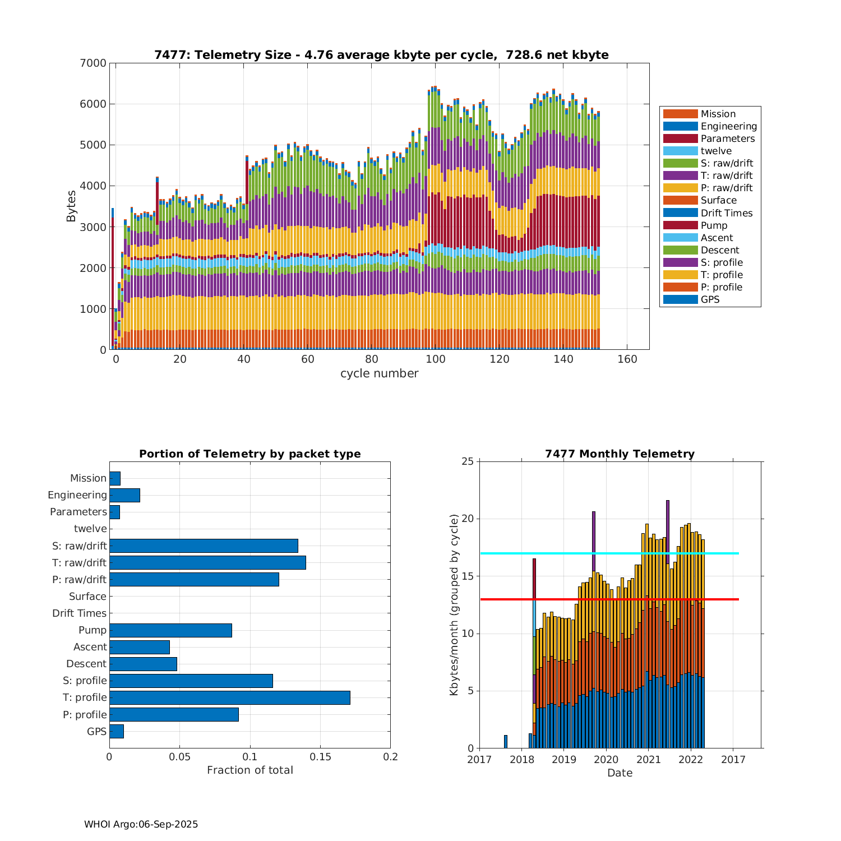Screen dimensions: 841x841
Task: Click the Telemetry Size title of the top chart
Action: tap(381, 55)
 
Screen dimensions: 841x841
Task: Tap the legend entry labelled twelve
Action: tap(716, 151)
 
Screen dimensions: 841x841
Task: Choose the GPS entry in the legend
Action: tap(710, 299)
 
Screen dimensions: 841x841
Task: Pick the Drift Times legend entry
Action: tap(726, 213)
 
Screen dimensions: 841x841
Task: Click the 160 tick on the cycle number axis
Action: tap(627, 359)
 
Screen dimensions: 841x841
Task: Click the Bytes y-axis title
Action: tap(71, 206)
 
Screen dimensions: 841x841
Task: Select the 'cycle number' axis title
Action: tap(379, 373)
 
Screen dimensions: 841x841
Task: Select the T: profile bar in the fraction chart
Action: tap(229, 697)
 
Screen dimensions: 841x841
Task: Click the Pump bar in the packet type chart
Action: tap(170, 630)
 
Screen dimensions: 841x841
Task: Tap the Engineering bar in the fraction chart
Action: tap(124, 495)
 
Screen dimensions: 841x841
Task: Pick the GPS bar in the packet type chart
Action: tap(117, 731)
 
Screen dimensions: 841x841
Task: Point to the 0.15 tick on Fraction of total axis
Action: tap(320, 757)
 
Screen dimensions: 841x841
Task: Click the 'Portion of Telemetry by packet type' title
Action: tap(249, 454)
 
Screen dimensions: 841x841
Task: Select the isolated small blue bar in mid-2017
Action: tap(506, 742)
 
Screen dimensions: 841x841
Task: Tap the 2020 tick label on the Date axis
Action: tap(606, 760)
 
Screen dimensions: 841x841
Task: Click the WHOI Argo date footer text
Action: tap(141, 824)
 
